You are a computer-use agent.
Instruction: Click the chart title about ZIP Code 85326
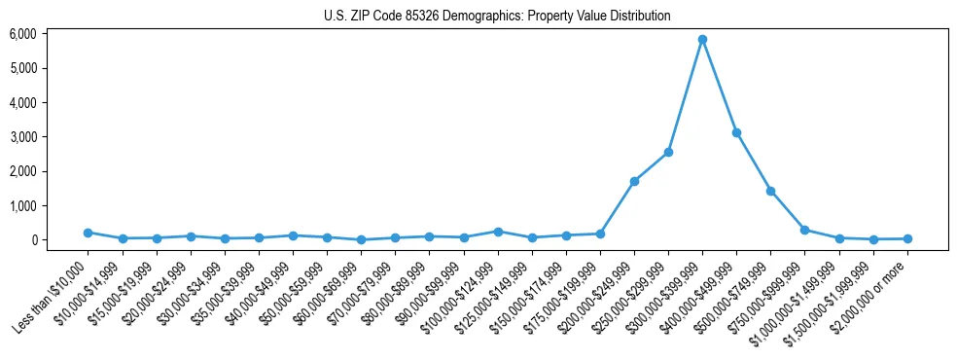497,17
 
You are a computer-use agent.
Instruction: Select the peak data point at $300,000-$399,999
702,40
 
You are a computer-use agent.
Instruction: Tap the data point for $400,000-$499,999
736,132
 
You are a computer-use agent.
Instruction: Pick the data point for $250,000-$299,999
668,152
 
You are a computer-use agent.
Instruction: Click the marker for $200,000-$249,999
634,181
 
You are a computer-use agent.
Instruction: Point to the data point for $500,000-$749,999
770,191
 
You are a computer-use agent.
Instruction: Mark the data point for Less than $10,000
88,233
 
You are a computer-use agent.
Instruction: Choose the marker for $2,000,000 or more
907,238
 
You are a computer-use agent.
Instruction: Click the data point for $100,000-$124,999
497,232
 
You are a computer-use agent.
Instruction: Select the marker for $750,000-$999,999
804,230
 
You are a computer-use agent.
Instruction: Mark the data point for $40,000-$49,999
293,235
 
